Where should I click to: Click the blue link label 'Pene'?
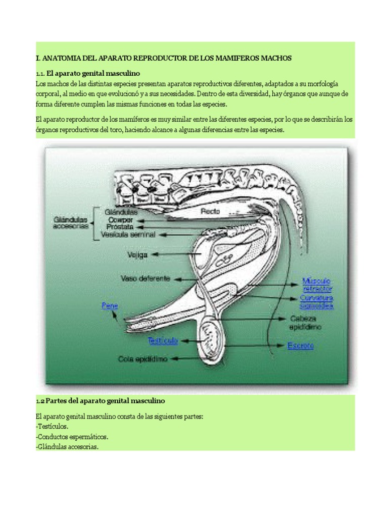109,305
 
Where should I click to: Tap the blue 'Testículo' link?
163,341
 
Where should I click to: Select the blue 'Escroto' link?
300,346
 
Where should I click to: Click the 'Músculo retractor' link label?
317,284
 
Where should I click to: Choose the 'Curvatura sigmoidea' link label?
317,302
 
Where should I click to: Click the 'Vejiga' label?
137,255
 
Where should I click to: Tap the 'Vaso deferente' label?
145,278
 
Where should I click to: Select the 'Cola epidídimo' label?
142,359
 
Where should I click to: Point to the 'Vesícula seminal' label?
128,235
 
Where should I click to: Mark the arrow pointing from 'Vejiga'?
177,255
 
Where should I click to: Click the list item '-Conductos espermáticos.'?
72,436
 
